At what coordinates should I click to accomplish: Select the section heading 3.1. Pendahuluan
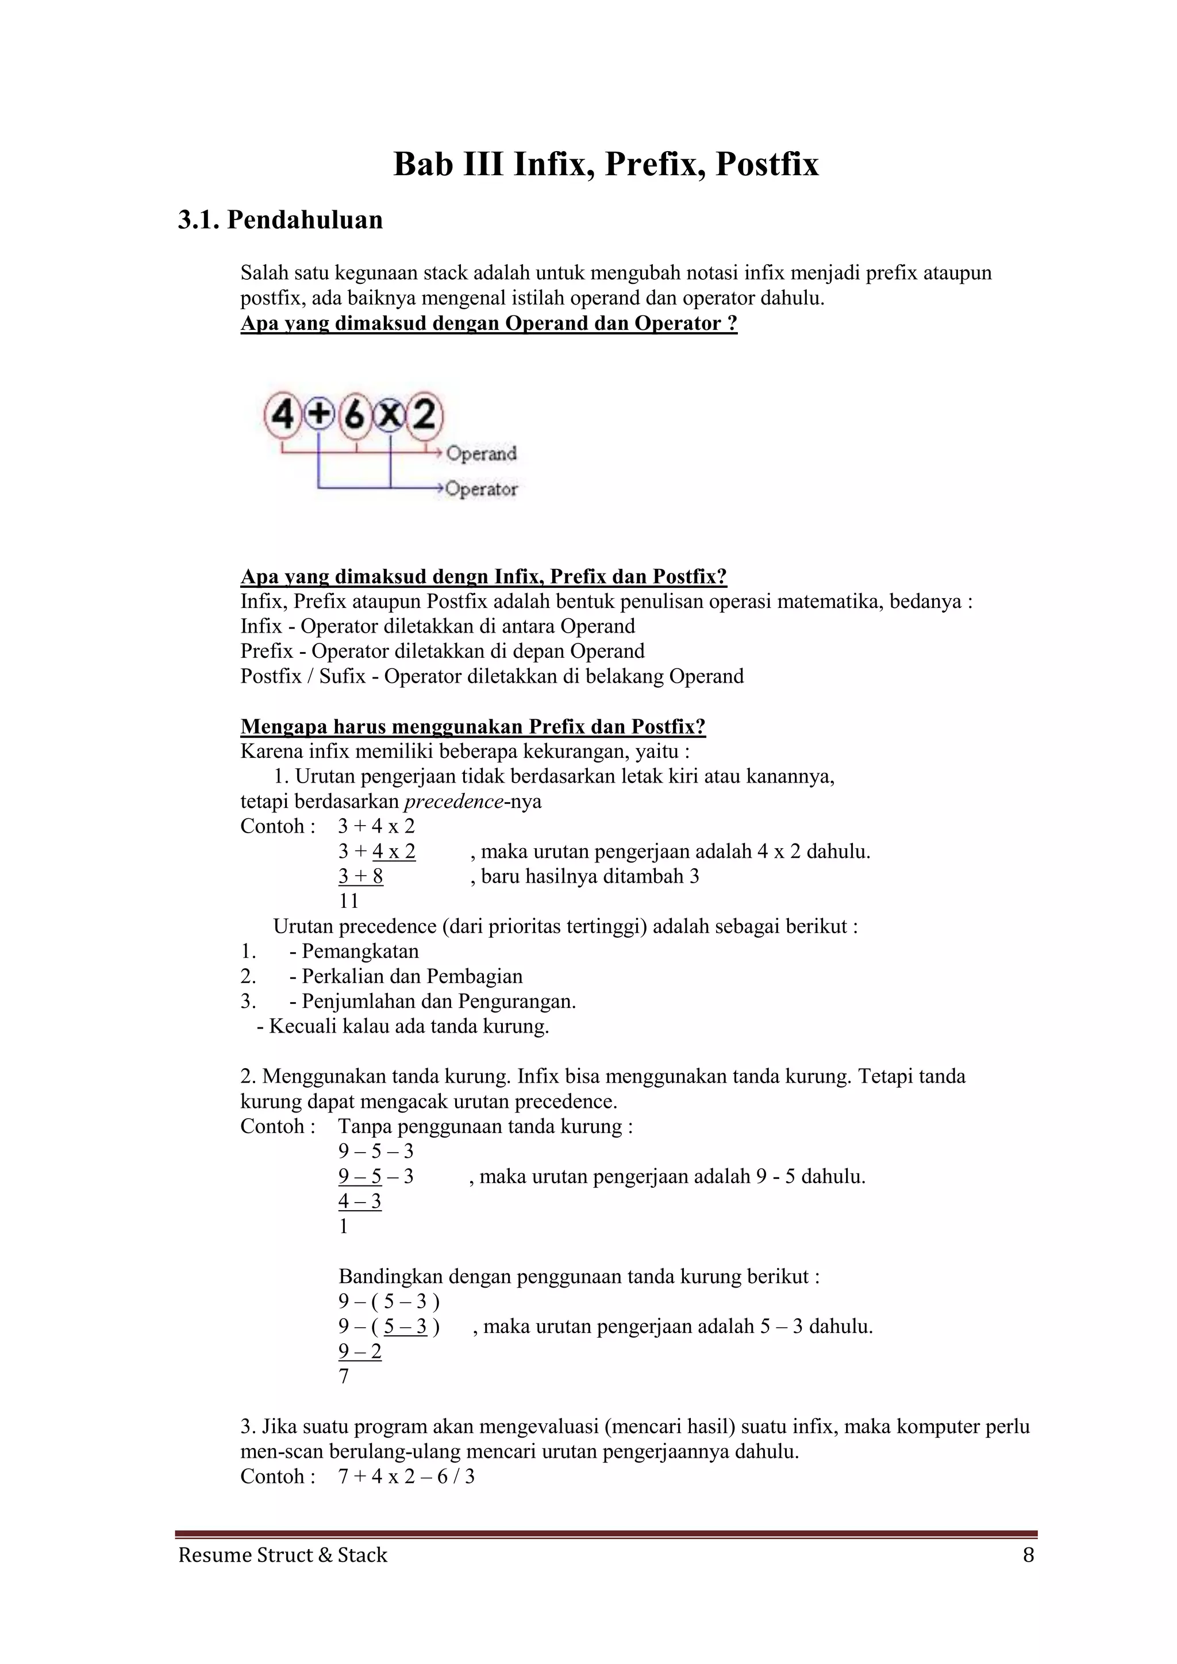point(280,219)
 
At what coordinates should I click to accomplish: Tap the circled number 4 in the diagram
point(283,416)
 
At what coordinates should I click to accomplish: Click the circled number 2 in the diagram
point(425,415)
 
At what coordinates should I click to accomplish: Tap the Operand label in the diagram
point(481,454)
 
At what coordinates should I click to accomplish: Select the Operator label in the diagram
point(481,489)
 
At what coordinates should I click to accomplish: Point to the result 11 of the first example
point(349,901)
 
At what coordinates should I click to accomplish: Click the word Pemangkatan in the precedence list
point(360,951)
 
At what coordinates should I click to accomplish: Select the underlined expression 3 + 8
point(360,876)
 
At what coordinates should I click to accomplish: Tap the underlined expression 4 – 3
point(359,1201)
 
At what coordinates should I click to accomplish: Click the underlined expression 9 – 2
point(359,1351)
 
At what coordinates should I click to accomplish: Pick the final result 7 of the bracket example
point(344,1376)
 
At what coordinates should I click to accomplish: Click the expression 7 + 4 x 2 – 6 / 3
point(406,1476)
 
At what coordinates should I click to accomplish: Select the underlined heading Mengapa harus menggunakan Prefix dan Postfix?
point(472,726)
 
